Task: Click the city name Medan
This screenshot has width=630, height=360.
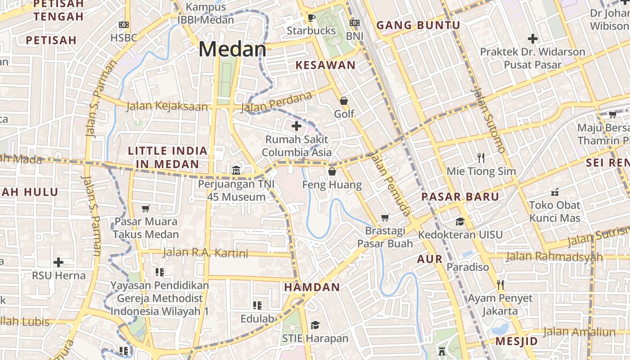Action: (232, 49)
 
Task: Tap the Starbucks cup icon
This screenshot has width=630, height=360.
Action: (311, 18)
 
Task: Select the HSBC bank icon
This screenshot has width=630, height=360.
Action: (123, 25)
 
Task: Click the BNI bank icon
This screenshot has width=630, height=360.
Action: (355, 22)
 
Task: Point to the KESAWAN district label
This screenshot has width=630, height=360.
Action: (325, 65)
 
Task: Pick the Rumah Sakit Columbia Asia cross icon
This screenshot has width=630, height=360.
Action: (297, 126)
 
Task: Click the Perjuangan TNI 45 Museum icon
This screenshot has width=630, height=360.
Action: (236, 170)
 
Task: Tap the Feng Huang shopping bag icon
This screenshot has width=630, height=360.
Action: (332, 171)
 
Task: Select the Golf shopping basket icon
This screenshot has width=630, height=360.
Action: (344, 101)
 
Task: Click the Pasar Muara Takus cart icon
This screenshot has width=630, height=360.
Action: (145, 208)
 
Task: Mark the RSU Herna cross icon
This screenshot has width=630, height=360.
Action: (58, 262)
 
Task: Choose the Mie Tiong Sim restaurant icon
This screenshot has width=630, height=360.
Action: (481, 157)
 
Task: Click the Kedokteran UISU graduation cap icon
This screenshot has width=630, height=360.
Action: (460, 221)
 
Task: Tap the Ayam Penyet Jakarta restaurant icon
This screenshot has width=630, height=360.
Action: (500, 284)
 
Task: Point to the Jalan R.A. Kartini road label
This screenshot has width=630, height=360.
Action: (205, 253)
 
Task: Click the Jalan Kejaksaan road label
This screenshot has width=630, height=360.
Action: (167, 106)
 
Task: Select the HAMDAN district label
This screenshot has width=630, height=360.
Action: (312, 287)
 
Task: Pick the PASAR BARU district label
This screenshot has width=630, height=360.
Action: (460, 197)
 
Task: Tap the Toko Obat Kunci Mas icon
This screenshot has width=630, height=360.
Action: (554, 192)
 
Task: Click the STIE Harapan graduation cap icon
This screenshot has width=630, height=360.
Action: (315, 325)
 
